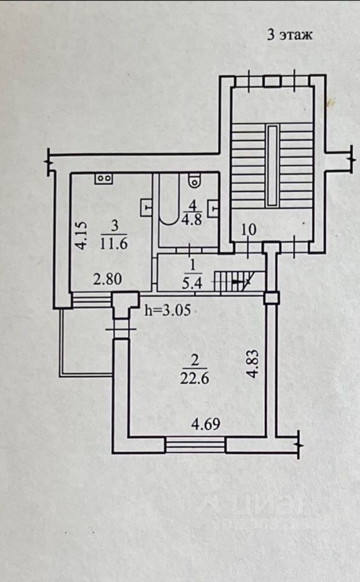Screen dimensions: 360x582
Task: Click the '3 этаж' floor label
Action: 290,35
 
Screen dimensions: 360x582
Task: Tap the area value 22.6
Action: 195,378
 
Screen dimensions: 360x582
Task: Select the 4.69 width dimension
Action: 205,424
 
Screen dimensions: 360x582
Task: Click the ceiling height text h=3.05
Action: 167,310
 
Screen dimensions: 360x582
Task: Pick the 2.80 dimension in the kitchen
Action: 107,279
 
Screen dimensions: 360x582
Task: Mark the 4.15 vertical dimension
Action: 81,235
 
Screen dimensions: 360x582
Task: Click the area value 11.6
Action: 113,244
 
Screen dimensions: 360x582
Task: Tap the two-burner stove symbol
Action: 104,178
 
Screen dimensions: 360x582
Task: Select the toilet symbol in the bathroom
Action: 194,181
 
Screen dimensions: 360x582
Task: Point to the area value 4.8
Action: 192,219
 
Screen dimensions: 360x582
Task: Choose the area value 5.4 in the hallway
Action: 192,284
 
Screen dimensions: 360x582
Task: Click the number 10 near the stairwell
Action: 248,230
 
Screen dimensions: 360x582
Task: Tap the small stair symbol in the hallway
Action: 234,281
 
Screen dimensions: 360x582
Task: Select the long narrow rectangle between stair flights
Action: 273,166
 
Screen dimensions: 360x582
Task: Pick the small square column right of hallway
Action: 272,298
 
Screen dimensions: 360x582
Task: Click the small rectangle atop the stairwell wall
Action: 272,81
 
